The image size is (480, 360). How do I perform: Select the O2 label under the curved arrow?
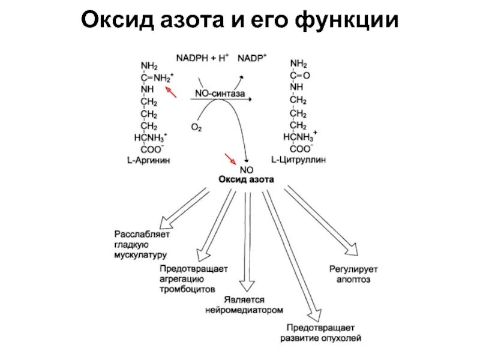196,127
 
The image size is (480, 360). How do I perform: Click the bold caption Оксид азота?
247,179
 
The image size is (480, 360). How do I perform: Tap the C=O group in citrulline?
299,76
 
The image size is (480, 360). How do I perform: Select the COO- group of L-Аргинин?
151,149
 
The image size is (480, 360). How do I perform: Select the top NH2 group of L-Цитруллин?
299,64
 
